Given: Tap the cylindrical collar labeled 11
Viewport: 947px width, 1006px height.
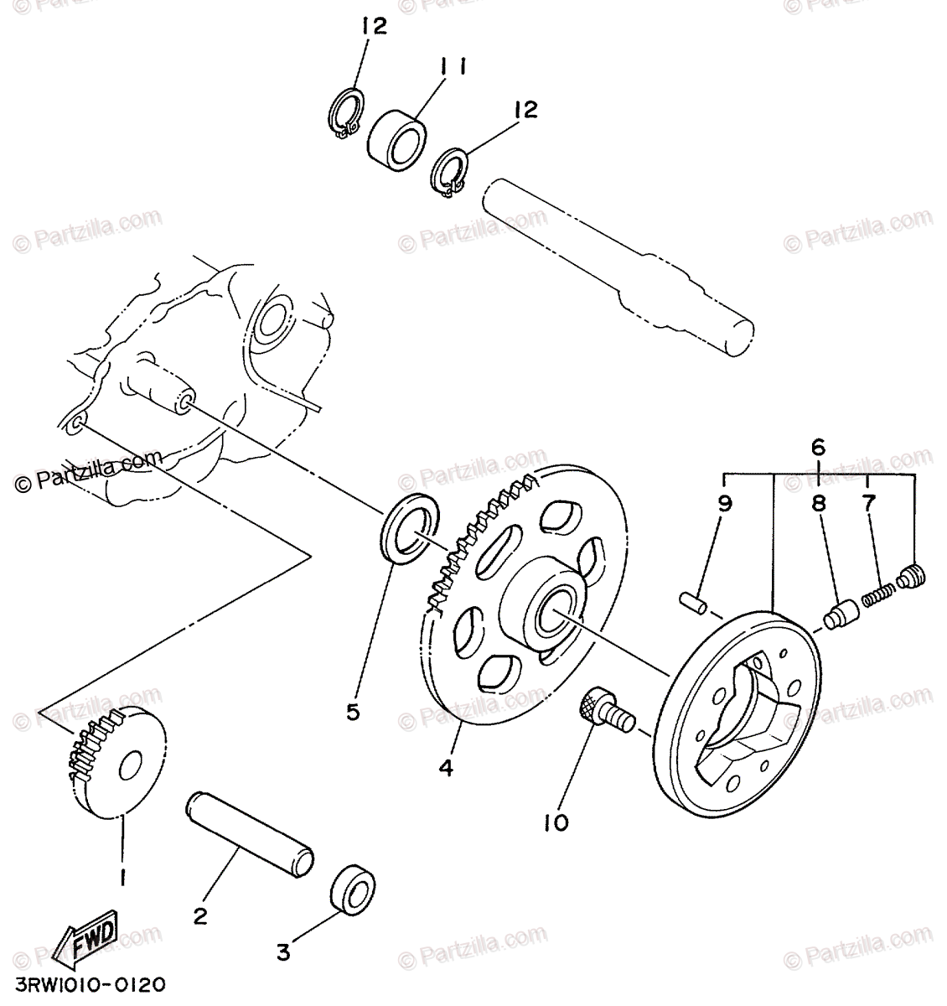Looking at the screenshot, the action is (397, 132).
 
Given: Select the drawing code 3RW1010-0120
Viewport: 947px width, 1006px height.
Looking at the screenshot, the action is (84, 983).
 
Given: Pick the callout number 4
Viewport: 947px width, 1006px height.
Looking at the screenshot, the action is (447, 766).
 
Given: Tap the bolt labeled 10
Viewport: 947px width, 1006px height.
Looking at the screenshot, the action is (608, 710).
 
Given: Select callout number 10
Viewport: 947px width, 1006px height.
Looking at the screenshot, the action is (556, 822).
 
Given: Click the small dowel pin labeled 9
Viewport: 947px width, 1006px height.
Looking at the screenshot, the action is (694, 603).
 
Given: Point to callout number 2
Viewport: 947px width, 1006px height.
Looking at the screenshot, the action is (200, 916).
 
